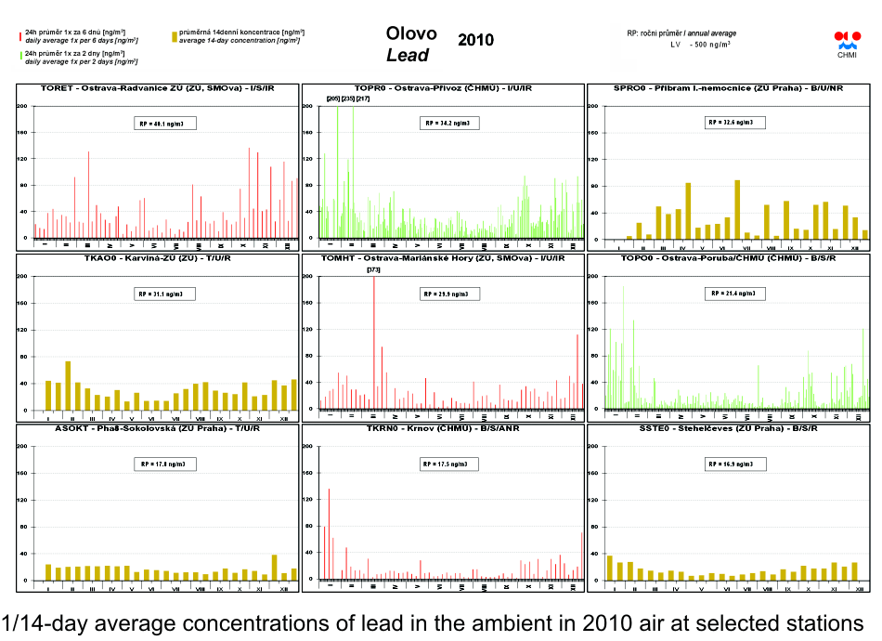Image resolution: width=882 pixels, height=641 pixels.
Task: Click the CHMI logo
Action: coord(847,43)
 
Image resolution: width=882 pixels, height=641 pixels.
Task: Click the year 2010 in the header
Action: coord(475,40)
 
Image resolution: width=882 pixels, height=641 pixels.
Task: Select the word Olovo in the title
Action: coord(411,33)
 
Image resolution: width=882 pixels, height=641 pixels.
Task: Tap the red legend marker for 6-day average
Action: coord(19,36)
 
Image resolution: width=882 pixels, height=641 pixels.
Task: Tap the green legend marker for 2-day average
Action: coord(19,57)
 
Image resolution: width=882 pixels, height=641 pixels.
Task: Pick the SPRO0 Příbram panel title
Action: coord(729,88)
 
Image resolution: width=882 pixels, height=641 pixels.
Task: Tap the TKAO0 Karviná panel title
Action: coord(159,257)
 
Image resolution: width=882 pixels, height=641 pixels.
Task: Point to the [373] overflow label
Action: coord(373,269)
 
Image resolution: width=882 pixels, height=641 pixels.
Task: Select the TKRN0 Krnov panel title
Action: coord(444,429)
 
